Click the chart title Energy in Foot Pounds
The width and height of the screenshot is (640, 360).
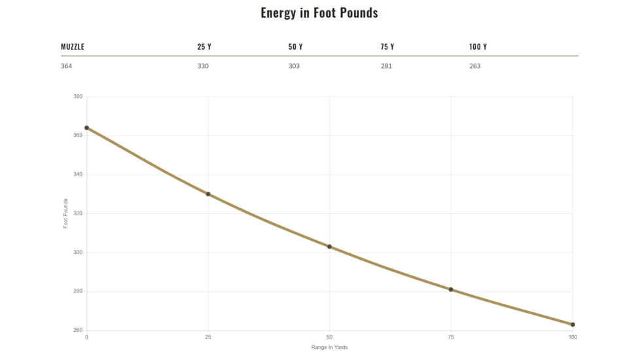[x=319, y=12]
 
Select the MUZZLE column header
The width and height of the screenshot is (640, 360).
[x=73, y=46]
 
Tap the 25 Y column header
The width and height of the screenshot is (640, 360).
[x=204, y=46]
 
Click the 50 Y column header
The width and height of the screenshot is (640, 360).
[x=295, y=46]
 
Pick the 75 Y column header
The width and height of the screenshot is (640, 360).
[x=387, y=46]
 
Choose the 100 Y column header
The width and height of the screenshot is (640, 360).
[x=478, y=46]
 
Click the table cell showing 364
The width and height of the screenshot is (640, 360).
[x=67, y=66]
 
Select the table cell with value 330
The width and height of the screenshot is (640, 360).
[x=203, y=66]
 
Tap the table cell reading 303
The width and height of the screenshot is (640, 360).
[x=294, y=66]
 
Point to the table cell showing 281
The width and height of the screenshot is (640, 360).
[x=386, y=66]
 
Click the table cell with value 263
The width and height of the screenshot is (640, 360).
[x=475, y=66]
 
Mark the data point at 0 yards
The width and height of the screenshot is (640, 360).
[x=86, y=128]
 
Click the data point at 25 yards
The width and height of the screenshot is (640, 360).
[x=208, y=194]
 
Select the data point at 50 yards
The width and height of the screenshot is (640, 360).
[x=330, y=247]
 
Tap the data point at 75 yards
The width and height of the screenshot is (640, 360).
[x=451, y=289]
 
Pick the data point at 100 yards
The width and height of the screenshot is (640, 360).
[x=573, y=325]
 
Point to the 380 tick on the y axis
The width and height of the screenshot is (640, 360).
[x=77, y=97]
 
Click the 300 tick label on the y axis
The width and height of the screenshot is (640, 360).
[x=77, y=253]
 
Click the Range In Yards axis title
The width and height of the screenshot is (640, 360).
[x=329, y=348]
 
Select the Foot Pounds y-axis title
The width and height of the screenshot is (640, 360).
[x=65, y=213]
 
